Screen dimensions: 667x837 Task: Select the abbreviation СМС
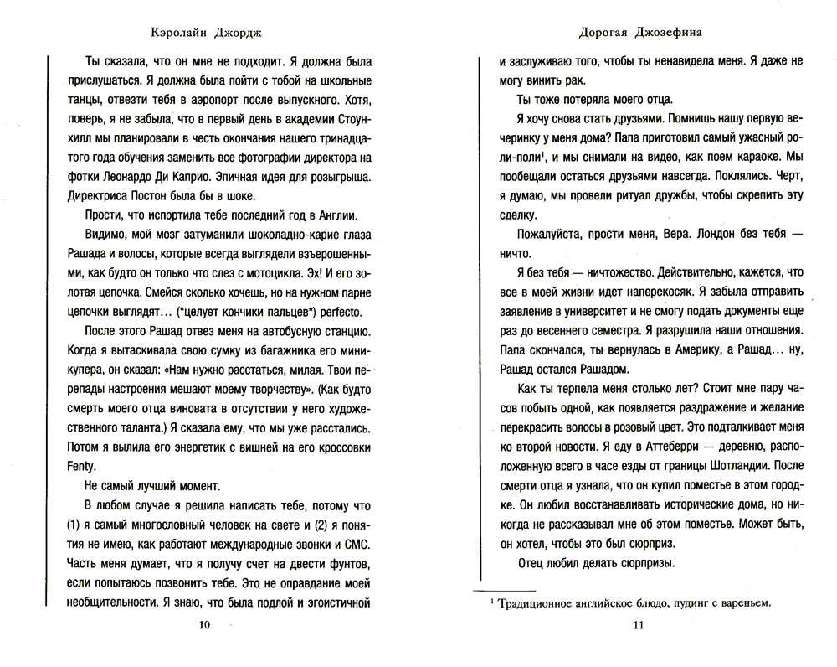pyautogui.click(x=354, y=542)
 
